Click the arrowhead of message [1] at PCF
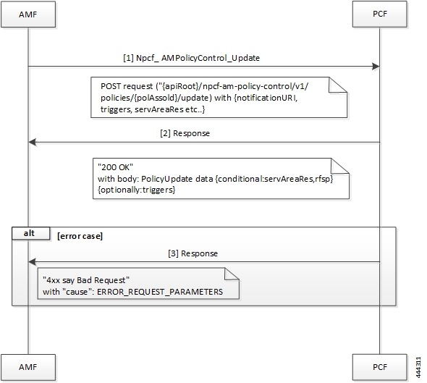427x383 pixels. tap(376, 67)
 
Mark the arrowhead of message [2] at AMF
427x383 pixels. tap(33, 143)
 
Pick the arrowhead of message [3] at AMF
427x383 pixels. tap(33, 262)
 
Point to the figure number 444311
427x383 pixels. tap(419, 365)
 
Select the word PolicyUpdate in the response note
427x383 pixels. tap(178, 178)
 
